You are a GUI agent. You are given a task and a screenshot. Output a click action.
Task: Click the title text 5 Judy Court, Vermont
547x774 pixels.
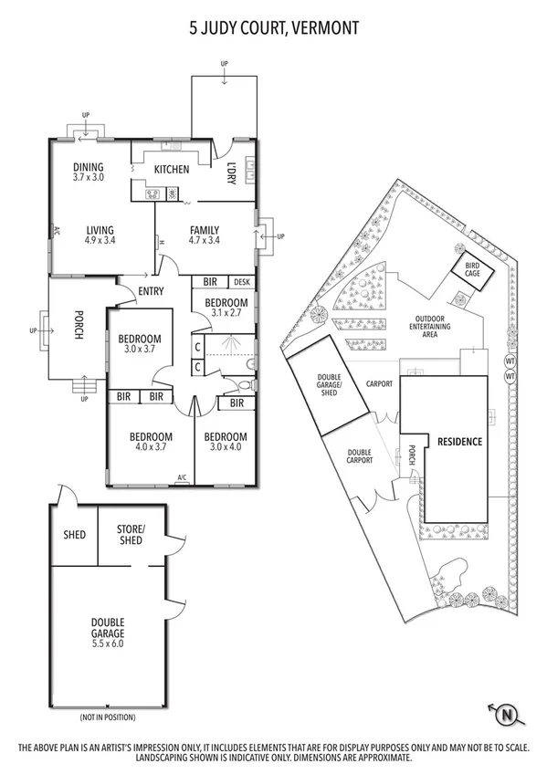click(273, 29)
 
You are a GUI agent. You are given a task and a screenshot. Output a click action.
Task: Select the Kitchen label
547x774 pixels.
click(171, 169)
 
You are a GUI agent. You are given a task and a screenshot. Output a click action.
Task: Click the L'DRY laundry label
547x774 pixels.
click(232, 173)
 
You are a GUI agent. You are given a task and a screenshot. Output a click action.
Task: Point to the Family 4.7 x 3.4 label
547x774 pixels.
click(205, 235)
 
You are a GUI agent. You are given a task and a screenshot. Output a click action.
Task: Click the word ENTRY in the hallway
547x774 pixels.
click(151, 292)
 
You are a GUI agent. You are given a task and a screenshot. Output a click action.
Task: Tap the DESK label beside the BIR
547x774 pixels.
click(241, 283)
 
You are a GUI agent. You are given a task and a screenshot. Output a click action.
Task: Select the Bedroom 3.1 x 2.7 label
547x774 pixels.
click(226, 308)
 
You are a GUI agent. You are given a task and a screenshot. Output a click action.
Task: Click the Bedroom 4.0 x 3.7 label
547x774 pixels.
click(151, 441)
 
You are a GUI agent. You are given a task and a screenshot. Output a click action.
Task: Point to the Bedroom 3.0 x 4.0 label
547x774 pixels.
click(226, 441)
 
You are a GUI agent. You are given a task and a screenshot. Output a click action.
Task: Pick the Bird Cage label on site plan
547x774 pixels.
click(473, 272)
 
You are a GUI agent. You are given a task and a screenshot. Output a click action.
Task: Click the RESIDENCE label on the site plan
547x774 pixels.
click(459, 441)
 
